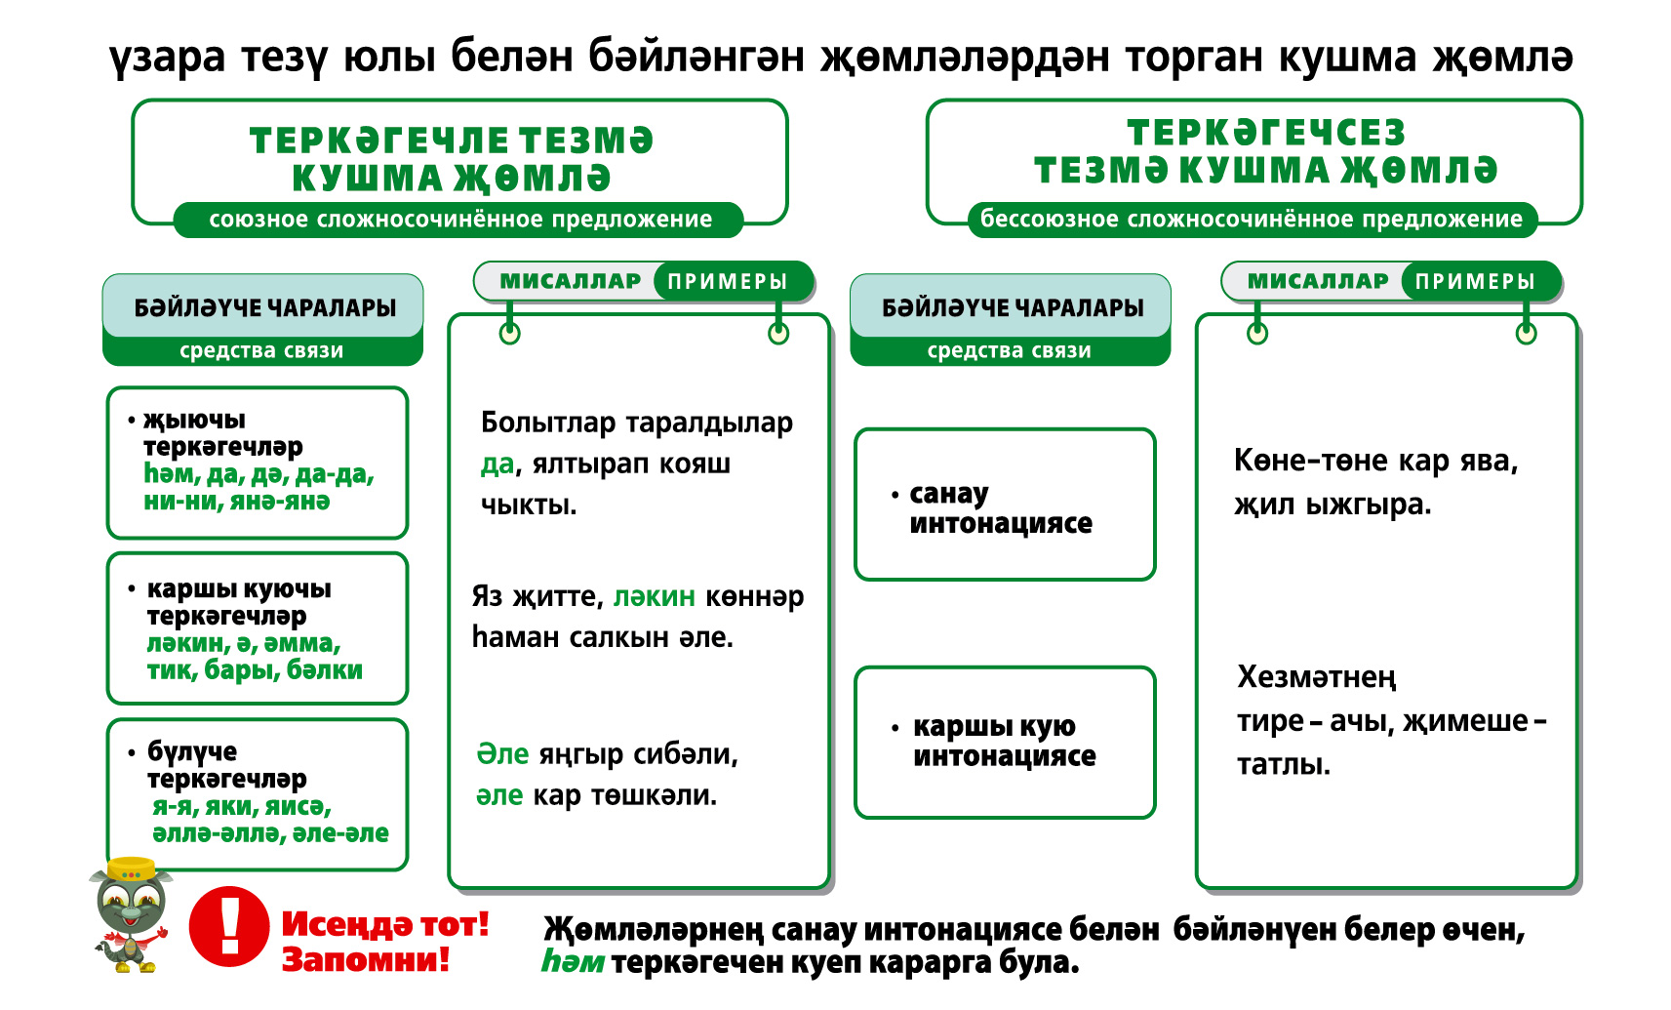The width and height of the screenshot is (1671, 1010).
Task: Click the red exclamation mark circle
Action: pos(229,926)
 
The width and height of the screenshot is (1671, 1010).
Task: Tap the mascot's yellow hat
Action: pos(132,869)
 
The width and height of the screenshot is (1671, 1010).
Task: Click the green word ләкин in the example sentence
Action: pos(655,596)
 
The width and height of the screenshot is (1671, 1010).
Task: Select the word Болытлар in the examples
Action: pos(548,423)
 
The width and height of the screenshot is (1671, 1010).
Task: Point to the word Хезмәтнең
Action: pos(1317,678)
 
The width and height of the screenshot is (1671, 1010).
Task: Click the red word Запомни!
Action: pos(366,959)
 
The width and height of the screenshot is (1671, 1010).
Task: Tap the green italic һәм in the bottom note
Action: pos(573,961)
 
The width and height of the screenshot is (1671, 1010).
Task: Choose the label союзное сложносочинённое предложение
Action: pos(460,219)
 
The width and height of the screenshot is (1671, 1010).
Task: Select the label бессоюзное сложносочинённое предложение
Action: pos(1251,219)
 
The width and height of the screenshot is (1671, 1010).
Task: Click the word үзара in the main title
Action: pos(167,57)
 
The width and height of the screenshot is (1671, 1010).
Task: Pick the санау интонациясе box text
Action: pos(1001,508)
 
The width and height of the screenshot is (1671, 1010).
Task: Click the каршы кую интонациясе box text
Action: pos(1004,741)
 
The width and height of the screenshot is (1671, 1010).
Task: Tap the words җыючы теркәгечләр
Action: pos(222,433)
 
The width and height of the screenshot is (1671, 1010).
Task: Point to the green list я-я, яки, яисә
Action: pos(242,806)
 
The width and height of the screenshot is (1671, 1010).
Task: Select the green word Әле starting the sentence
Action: pos(502,754)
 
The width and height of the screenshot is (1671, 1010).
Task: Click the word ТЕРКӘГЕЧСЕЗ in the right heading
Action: pos(1266,133)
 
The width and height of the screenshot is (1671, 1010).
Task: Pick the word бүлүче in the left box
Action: pos(192,751)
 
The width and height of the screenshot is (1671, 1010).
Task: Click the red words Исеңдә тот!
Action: pos(385,924)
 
